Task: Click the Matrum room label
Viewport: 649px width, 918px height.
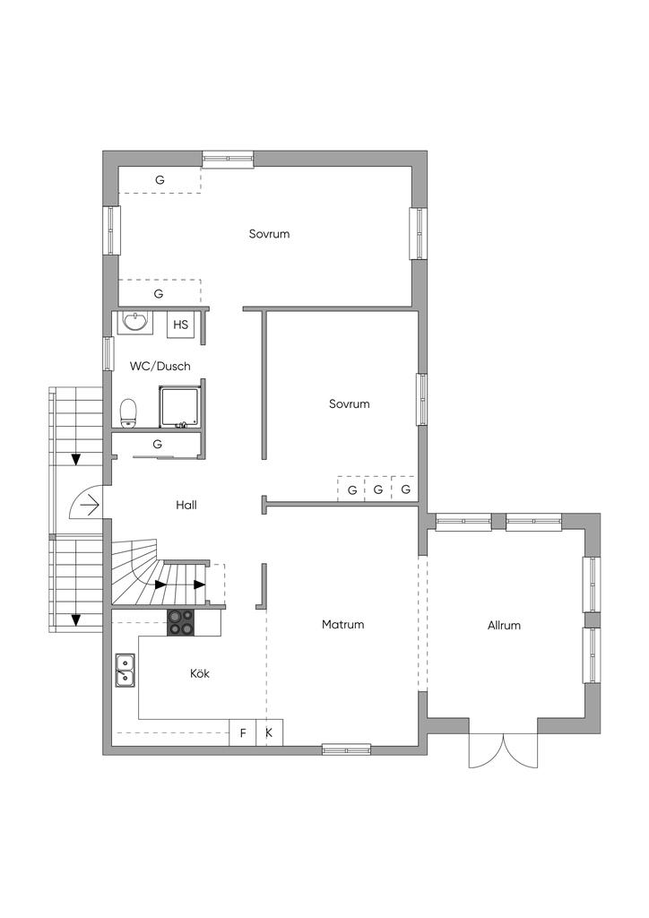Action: (x=343, y=625)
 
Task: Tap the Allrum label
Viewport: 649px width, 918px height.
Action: (x=504, y=625)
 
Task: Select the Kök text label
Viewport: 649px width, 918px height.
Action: (x=200, y=673)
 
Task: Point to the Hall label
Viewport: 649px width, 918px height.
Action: (x=186, y=505)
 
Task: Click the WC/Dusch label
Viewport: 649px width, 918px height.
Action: (x=160, y=366)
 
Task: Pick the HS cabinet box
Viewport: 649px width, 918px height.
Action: (x=180, y=325)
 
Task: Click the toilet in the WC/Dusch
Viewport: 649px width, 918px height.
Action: (x=128, y=412)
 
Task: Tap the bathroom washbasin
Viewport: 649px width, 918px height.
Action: (x=137, y=322)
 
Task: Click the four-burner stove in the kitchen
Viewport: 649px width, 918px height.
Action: (x=181, y=622)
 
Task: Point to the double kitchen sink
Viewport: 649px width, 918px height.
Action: (x=125, y=670)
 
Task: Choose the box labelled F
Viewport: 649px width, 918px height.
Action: (x=242, y=732)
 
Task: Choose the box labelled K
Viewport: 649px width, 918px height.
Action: (x=269, y=732)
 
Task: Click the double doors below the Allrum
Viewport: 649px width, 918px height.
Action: (x=503, y=749)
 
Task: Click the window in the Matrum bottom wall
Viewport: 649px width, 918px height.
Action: (x=346, y=749)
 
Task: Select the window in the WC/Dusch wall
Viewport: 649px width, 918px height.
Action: (x=108, y=353)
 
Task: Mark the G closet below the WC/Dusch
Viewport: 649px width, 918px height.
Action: (x=157, y=445)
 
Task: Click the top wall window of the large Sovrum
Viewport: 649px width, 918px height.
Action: (x=229, y=160)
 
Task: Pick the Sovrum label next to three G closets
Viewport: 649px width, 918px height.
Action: (x=350, y=404)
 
